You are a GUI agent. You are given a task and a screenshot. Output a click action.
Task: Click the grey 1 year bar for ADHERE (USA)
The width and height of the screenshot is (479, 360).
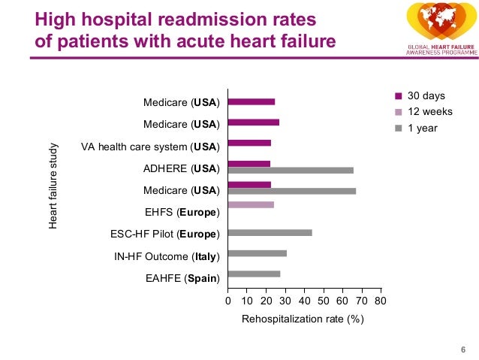pyautogui.click(x=290, y=170)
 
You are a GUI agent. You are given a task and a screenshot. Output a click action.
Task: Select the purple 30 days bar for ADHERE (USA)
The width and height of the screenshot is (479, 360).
pyautogui.click(x=249, y=163)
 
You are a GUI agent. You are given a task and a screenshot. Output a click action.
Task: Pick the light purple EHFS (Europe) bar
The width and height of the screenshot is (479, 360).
pyautogui.click(x=250, y=204)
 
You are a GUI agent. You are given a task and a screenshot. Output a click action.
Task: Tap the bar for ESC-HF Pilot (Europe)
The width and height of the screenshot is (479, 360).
pyautogui.click(x=270, y=232)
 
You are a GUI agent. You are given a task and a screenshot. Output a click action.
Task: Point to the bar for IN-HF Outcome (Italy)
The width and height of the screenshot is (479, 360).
pyautogui.click(x=257, y=253)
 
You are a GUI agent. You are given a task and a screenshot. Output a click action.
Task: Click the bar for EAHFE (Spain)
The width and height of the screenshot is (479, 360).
pyautogui.click(x=254, y=274)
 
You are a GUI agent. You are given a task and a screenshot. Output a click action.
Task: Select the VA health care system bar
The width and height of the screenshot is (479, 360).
pyautogui.click(x=249, y=143)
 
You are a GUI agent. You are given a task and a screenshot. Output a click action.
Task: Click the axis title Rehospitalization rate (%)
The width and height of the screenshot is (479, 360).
pyautogui.click(x=303, y=320)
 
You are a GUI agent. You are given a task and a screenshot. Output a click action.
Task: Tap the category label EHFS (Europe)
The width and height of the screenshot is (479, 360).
pyautogui.click(x=182, y=212)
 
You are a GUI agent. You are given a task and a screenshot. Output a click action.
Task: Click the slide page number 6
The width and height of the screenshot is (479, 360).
pyautogui.click(x=462, y=347)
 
